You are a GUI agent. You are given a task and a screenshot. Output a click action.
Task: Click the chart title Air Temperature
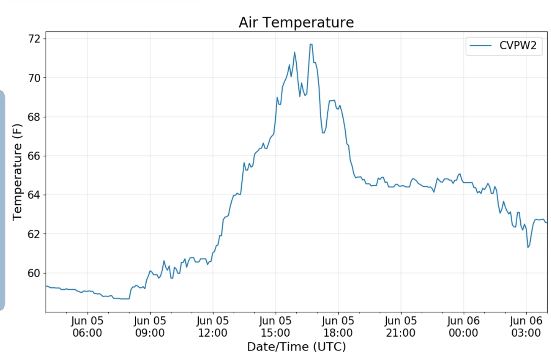pos(296,23)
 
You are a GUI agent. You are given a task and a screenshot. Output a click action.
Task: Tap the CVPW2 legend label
pos(518,46)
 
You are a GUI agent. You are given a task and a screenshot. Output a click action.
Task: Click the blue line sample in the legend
pos(481,46)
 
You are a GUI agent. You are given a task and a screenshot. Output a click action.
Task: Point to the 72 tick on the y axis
pos(34,39)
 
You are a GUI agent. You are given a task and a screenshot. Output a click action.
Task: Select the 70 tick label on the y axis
pos(34,78)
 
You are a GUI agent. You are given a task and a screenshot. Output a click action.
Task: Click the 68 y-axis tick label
pos(34,117)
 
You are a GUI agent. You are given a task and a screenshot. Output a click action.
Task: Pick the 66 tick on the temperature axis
pos(34,156)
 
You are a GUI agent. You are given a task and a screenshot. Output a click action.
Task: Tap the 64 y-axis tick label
pos(34,195)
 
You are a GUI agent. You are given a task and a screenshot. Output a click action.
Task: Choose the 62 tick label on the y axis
pos(34,234)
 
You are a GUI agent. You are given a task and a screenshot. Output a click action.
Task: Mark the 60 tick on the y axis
pos(34,273)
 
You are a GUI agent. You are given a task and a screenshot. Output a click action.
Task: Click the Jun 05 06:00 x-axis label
pos(87,327)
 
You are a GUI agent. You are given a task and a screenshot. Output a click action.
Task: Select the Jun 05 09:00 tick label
pos(150,327)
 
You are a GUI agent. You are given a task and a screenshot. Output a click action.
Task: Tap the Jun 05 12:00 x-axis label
pos(213,327)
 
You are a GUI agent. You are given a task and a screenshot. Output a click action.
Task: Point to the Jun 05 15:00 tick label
pos(275,327)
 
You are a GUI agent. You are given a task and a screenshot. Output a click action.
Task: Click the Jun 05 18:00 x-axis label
pos(338,327)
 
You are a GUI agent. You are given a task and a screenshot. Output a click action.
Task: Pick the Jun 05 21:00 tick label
pos(401,327)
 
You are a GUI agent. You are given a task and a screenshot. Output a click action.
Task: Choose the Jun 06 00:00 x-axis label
pos(463,327)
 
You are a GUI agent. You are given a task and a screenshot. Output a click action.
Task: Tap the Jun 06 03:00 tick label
pos(526,327)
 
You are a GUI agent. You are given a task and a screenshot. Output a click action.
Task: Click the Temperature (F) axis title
pos(18,172)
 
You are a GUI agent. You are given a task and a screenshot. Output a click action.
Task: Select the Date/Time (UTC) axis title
pos(296,347)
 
